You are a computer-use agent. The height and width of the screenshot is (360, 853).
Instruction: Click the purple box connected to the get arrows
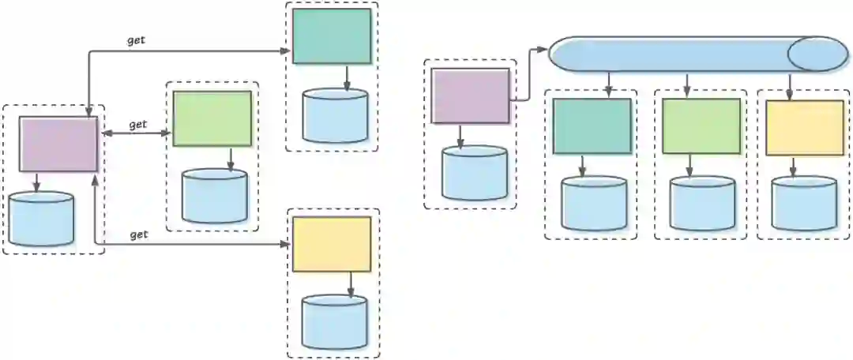pyautogui.click(x=58, y=144)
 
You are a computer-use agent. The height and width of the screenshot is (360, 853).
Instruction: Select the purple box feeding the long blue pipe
pyautogui.click(x=471, y=96)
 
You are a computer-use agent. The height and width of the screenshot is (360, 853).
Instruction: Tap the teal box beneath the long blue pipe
pyautogui.click(x=592, y=126)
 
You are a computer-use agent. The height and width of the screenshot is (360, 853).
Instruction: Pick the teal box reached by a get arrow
pyautogui.click(x=332, y=36)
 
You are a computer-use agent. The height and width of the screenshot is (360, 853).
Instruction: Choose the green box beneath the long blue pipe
pyautogui.click(x=701, y=126)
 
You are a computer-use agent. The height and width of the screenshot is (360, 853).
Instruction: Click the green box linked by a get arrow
pyautogui.click(x=212, y=118)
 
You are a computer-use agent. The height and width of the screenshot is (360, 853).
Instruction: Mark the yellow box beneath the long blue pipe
pyautogui.click(x=805, y=127)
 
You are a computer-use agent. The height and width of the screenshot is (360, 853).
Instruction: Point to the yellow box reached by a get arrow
pyautogui.click(x=332, y=244)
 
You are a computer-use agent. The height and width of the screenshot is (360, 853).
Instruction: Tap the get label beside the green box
pyautogui.click(x=138, y=125)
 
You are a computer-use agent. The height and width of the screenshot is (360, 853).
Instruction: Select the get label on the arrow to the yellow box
pyautogui.click(x=138, y=235)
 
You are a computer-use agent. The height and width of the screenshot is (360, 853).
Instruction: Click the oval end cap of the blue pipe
pyautogui.click(x=817, y=54)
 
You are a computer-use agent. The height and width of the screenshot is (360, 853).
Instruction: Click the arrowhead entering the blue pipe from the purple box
pyautogui.click(x=543, y=50)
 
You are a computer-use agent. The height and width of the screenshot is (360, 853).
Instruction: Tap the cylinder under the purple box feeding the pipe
pyautogui.click(x=475, y=173)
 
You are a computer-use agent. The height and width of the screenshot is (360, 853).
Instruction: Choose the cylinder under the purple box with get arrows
pyautogui.click(x=42, y=219)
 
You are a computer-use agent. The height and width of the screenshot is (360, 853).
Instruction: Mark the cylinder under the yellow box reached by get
pyautogui.click(x=336, y=322)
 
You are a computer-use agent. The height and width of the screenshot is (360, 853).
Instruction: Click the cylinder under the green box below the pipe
pyautogui.click(x=702, y=204)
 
